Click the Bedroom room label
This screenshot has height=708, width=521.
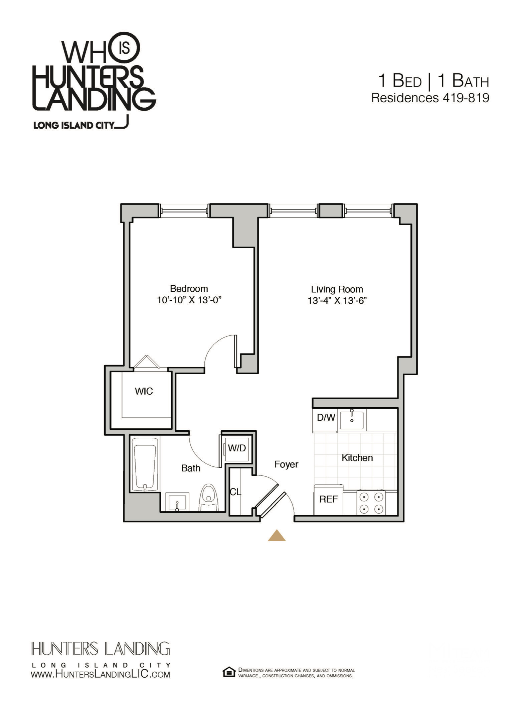(x=189, y=289)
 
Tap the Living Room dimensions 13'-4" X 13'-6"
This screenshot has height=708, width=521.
(x=337, y=301)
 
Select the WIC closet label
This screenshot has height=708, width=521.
(x=144, y=391)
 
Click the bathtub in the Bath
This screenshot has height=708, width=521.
(x=145, y=464)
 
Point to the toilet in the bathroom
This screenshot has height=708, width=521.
(x=208, y=498)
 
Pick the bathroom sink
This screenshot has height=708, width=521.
(x=178, y=502)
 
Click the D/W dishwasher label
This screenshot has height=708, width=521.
(x=326, y=417)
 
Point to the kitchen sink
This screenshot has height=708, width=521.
(x=352, y=420)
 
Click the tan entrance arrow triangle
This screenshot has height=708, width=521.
(x=277, y=535)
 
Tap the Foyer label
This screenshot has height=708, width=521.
(x=286, y=464)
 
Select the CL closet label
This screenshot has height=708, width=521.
(x=235, y=492)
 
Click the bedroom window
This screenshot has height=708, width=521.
(x=184, y=211)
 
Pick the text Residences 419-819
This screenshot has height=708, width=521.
(x=430, y=98)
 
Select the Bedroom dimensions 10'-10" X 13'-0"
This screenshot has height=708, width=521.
(x=189, y=300)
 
